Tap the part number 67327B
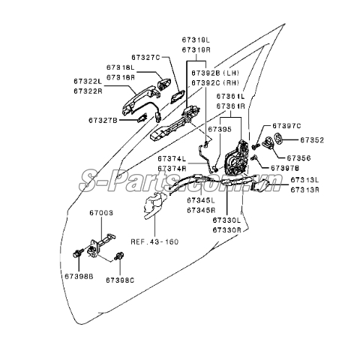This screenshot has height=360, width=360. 103,119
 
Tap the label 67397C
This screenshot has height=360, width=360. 286,126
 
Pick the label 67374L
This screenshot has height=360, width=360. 172,159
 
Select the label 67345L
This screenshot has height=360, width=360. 201,201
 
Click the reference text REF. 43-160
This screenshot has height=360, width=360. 154,241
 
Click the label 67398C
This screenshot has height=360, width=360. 119,280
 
